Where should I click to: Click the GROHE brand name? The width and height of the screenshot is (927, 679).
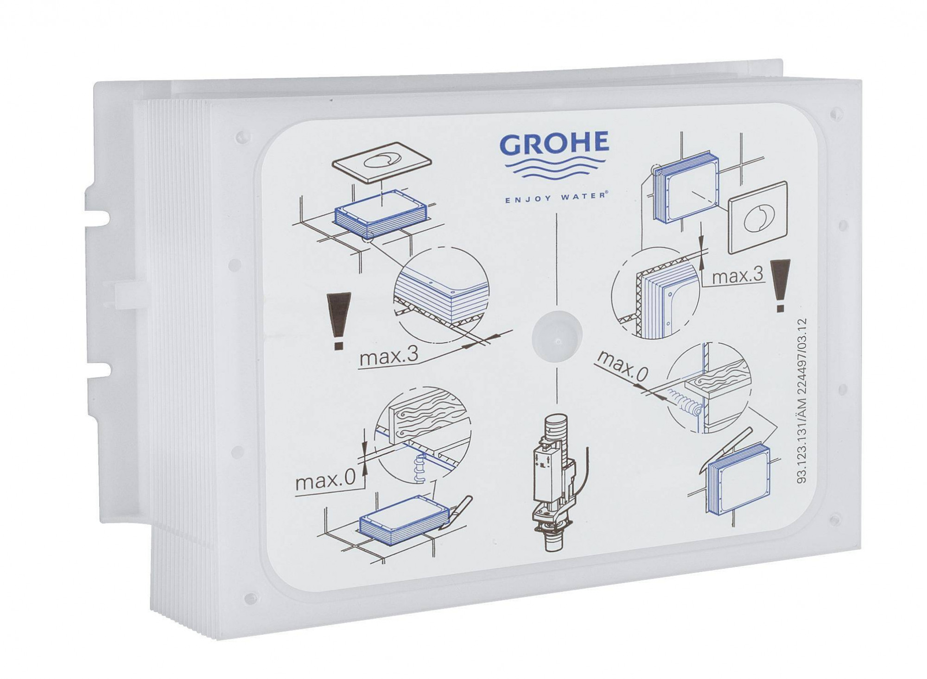click(554, 144)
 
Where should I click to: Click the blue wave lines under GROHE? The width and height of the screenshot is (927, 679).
click(554, 176)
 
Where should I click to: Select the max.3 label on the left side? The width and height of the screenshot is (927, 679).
click(389, 356)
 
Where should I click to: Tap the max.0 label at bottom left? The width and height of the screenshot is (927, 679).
click(325, 483)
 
